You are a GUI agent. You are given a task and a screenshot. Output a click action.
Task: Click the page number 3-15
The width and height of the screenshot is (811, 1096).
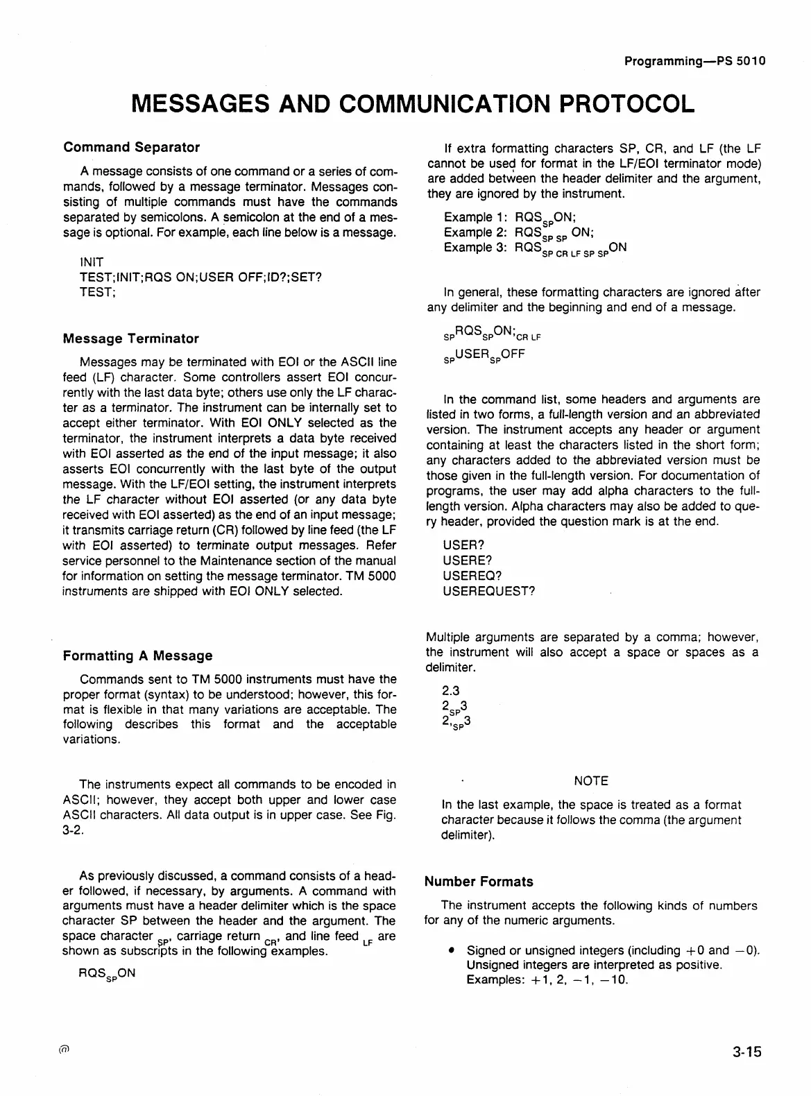click(746, 1052)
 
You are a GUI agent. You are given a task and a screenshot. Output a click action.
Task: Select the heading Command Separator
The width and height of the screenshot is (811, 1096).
click(131, 147)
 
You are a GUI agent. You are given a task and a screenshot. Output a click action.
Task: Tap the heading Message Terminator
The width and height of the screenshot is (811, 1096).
click(130, 339)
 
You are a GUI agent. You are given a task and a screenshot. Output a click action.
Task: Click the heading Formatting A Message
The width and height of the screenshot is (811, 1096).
click(137, 656)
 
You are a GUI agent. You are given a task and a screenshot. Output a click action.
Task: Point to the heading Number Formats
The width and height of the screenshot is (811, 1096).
click(479, 882)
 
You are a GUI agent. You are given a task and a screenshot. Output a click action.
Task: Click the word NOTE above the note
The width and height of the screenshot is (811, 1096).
click(591, 781)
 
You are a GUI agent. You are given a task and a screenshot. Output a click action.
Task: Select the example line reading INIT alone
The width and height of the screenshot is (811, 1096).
click(92, 262)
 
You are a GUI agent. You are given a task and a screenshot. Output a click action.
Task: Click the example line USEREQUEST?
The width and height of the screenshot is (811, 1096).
click(489, 592)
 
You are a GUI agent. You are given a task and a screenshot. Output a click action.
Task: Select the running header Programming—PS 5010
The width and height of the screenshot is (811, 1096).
click(694, 61)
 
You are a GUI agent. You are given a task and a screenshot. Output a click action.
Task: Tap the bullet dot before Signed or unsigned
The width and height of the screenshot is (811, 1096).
click(452, 950)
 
